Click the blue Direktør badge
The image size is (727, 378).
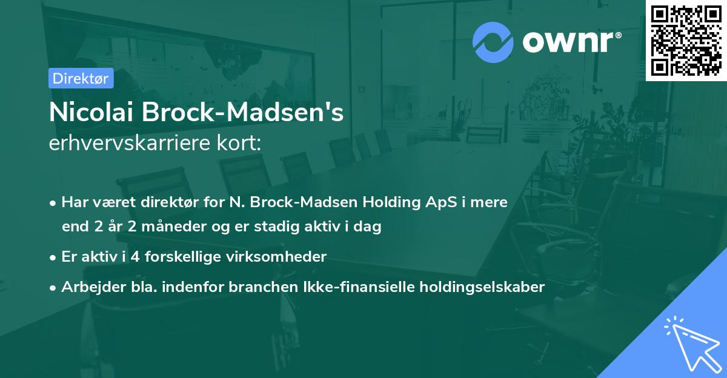(81, 78)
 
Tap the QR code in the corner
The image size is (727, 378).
(686, 40)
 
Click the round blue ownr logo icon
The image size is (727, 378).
(493, 42)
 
